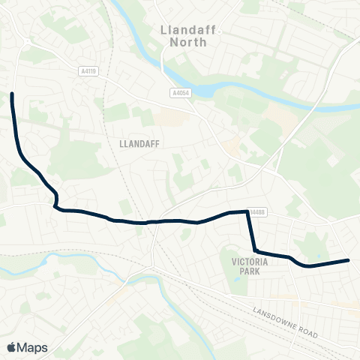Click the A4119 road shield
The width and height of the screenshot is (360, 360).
click(x=88, y=71)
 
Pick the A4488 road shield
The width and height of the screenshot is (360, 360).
click(x=257, y=212)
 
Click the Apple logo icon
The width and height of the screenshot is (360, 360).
click(x=11, y=347)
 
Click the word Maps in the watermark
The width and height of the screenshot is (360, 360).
click(x=32, y=347)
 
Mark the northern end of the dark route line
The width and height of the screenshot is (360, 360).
click(x=12, y=94)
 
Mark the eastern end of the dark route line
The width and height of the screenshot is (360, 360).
click(x=349, y=260)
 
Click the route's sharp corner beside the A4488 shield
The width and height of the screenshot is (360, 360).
click(x=247, y=212)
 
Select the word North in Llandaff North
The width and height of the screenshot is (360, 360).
click(x=187, y=43)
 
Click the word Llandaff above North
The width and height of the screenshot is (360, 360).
click(x=187, y=30)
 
